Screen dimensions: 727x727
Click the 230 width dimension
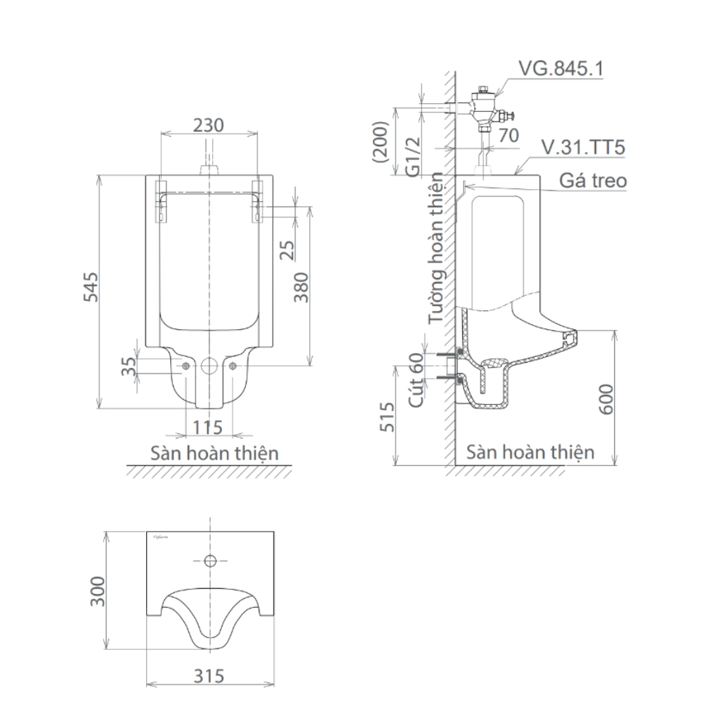(208, 124)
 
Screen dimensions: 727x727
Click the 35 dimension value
(129, 365)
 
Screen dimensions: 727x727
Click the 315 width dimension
(209, 675)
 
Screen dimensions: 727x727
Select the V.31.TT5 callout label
(583, 148)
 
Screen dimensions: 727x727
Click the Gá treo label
(593, 180)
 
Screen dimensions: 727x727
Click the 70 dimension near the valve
(508, 134)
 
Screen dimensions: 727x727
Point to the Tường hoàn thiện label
(436, 247)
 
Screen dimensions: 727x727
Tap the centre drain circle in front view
(209, 366)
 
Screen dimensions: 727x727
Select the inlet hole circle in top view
(209, 561)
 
